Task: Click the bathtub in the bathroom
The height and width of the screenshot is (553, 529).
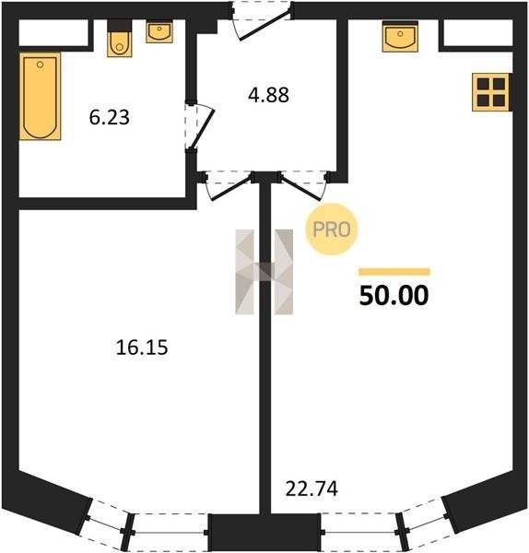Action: (41, 96)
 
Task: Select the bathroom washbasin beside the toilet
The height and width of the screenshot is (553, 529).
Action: (159, 32)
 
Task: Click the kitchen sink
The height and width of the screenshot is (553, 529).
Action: (400, 37)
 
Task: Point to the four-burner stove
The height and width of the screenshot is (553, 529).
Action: (491, 92)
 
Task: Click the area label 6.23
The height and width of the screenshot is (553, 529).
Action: (110, 117)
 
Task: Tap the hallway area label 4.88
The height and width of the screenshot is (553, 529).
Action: (268, 95)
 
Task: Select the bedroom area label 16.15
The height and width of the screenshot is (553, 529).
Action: (142, 347)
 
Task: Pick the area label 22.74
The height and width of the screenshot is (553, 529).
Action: (312, 488)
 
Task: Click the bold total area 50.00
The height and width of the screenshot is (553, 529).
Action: (394, 295)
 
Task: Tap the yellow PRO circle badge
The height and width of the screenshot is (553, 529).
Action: (332, 229)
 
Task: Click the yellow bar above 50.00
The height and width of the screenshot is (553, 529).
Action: (394, 272)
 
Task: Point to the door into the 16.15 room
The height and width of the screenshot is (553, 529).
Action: (231, 186)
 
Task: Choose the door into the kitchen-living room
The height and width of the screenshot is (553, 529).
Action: (304, 186)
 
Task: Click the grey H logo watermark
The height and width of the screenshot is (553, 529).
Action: (264, 272)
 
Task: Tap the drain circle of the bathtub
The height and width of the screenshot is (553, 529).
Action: (41, 65)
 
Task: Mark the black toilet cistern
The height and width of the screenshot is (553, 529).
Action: (120, 26)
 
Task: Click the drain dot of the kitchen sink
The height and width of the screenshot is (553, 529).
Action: (400, 34)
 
